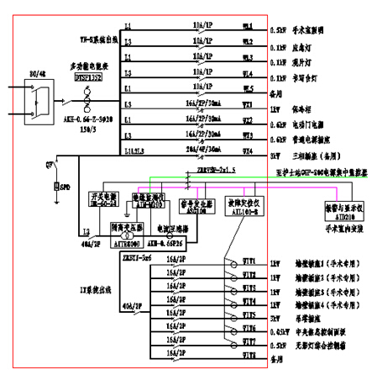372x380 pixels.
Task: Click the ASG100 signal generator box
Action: pyautogui.click(x=195, y=208)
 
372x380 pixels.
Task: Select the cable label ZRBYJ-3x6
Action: pyautogui.click(x=136, y=257)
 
